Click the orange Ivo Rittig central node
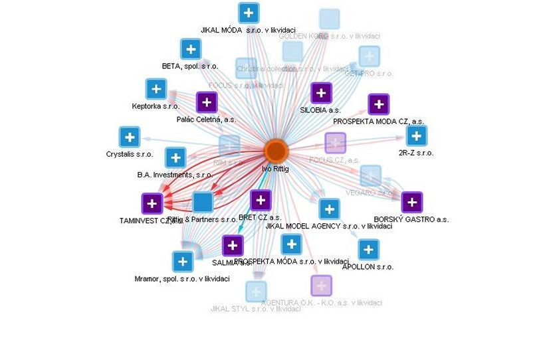click(x=276, y=151)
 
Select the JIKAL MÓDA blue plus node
click(x=249, y=13)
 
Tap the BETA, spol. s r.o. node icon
click(x=191, y=49)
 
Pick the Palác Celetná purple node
click(x=207, y=102)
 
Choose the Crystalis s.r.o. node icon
click(x=129, y=137)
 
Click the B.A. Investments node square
click(x=175, y=158)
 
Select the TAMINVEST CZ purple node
click(x=152, y=203)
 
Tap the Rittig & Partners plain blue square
click(x=203, y=202)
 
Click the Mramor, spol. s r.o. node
click(x=183, y=262)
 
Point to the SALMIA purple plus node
click(x=232, y=246)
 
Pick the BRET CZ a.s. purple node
click(x=261, y=200)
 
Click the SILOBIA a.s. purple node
click(x=321, y=93)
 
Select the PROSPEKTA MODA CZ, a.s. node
click(x=378, y=104)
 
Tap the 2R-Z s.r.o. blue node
click(x=417, y=136)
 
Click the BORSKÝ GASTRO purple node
click(x=412, y=202)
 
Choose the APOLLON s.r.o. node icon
click(x=369, y=250)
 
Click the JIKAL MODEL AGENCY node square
click(x=329, y=209)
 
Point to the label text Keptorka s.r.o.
click(x=156, y=106)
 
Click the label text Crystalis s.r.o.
click(x=129, y=154)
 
